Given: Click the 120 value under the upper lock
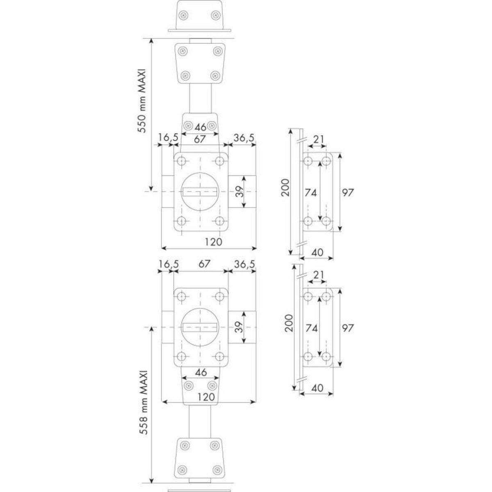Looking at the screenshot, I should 213,241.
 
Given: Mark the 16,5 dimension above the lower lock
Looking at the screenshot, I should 168,264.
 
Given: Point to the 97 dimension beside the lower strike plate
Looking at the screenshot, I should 347,328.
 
